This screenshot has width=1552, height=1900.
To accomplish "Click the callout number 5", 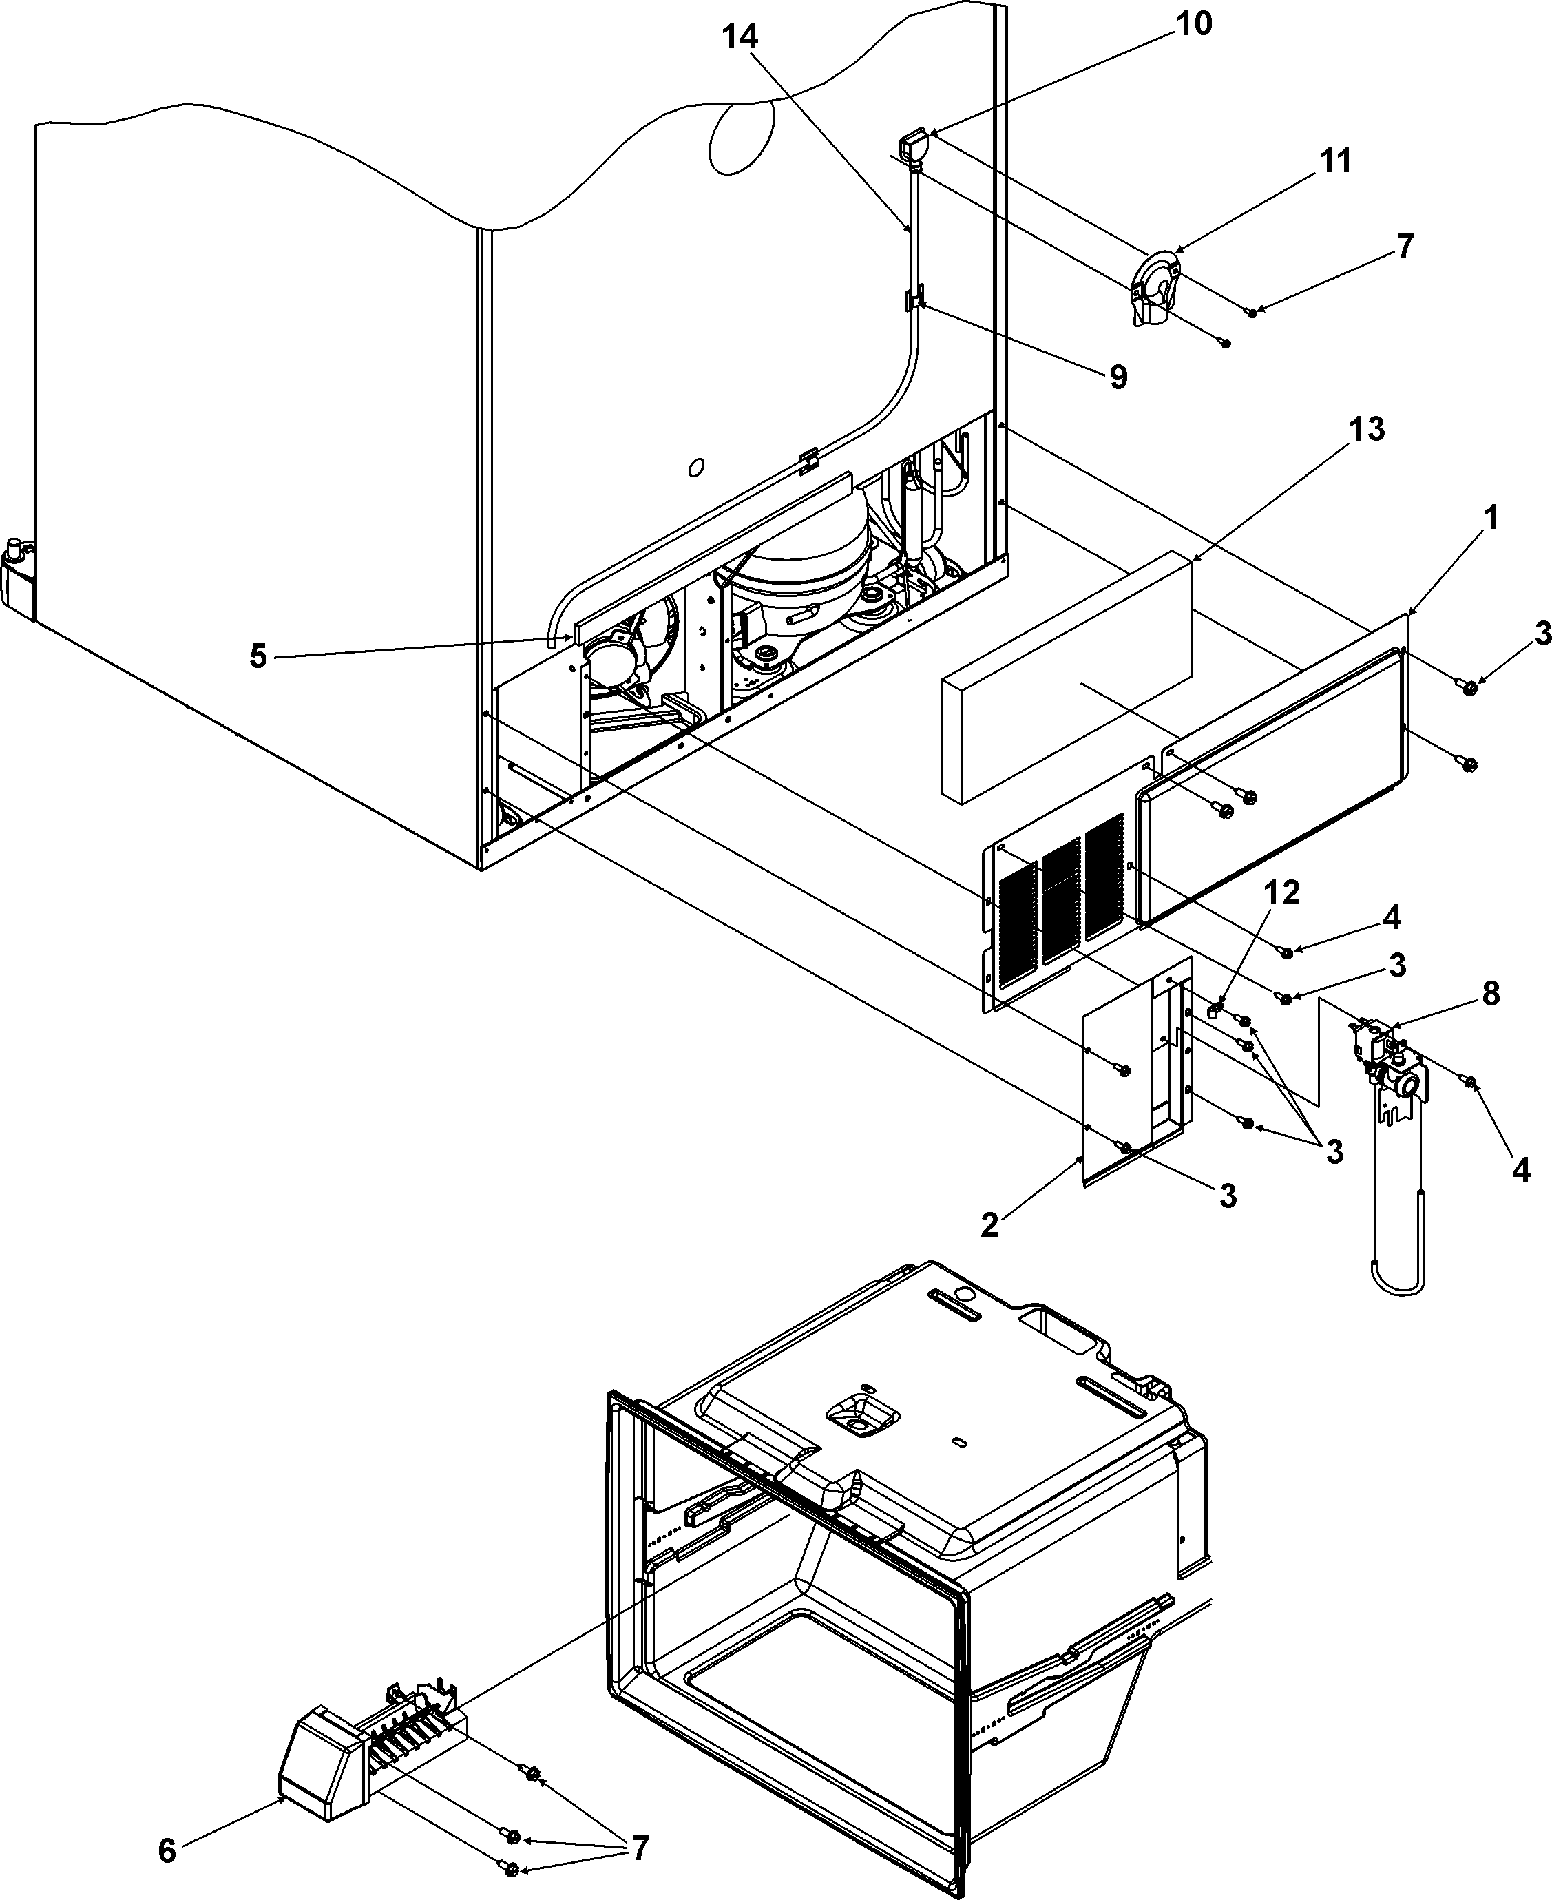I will (258, 656).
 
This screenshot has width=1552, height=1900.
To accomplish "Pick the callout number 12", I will (1281, 892).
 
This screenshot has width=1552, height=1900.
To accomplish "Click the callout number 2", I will (989, 1226).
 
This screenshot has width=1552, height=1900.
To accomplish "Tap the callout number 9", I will (1118, 377).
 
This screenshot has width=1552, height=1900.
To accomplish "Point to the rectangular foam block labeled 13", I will (1064, 680).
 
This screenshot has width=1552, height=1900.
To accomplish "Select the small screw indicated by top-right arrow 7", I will (1252, 311).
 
